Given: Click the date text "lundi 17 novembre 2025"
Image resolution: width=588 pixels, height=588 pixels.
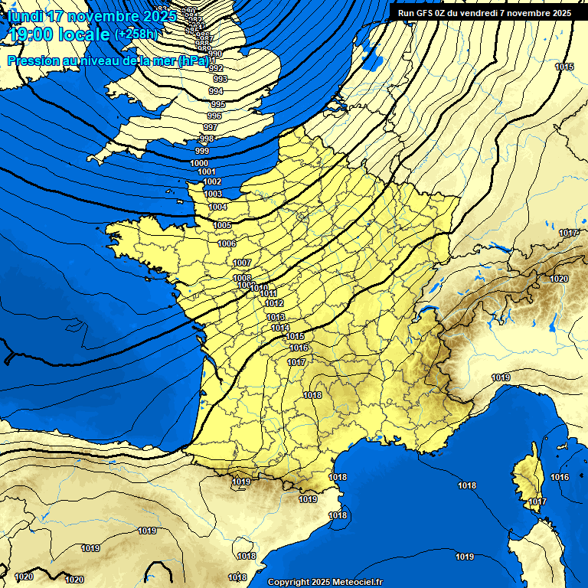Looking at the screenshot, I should [x=92, y=16].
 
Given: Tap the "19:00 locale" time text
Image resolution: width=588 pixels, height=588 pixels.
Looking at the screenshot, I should [x=60, y=34].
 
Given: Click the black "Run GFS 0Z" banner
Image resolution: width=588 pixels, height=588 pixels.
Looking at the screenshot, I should [x=484, y=12].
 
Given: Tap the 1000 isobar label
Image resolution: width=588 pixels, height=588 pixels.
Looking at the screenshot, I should [x=199, y=163].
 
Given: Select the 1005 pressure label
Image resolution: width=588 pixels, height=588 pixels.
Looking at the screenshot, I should [x=223, y=225].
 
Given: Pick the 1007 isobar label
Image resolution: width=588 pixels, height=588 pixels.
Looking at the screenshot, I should [x=242, y=263].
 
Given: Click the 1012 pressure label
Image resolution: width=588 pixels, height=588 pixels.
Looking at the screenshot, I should [x=274, y=304].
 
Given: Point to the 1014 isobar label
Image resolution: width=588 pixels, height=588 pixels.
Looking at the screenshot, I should [x=280, y=328].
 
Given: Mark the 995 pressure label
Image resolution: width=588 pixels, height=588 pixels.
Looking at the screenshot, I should [x=217, y=104].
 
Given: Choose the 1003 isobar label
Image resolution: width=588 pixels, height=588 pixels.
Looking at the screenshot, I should [x=213, y=194].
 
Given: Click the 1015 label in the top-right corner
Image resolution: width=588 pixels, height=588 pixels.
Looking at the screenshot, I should [x=564, y=67].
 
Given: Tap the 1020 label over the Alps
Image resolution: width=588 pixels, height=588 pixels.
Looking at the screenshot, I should [x=559, y=279].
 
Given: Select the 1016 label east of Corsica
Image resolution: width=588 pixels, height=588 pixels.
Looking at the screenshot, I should [x=560, y=477].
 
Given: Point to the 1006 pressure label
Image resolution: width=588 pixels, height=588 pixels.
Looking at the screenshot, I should [x=227, y=243].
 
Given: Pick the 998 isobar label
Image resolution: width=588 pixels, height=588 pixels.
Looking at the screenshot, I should [x=206, y=139].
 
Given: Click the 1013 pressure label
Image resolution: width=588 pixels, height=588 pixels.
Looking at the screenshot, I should [x=276, y=317].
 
